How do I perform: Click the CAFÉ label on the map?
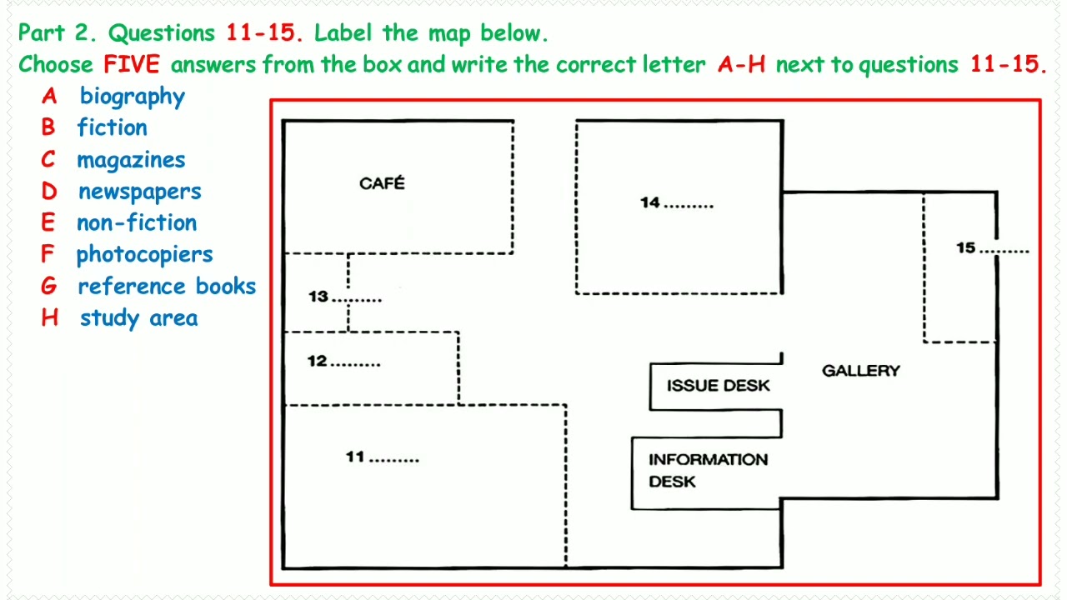(382, 183)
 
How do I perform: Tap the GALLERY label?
(860, 371)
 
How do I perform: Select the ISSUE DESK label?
(718, 386)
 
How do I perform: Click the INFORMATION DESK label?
(708, 470)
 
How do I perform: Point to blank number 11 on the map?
(383, 457)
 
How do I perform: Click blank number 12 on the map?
(344, 362)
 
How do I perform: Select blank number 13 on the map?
(345, 297)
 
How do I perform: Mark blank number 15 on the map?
(992, 248)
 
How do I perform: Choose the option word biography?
(132, 97)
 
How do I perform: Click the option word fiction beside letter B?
(113, 127)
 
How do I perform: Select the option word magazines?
(131, 160)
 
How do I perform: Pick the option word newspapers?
(139, 192)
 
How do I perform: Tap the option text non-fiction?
(137, 223)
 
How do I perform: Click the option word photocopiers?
(144, 255)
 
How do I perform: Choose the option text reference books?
(167, 287)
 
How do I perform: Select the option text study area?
(138, 318)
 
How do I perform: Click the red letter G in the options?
(49, 287)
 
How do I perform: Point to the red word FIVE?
(131, 65)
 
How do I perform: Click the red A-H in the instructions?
(741, 65)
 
